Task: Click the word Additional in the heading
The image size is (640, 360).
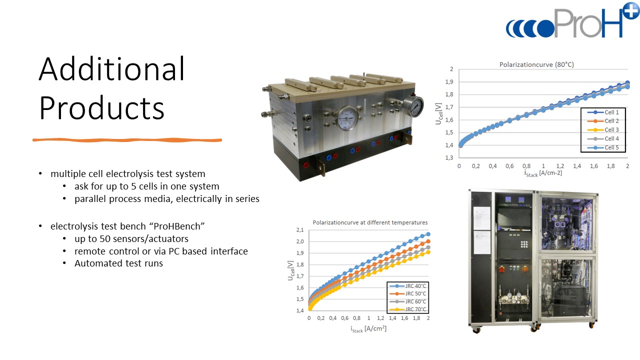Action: pyautogui.click(x=111, y=69)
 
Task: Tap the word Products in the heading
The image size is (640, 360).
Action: pyautogui.click(x=101, y=108)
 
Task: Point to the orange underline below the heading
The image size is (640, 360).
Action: pyautogui.click(x=127, y=140)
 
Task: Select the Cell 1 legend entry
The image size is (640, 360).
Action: pyautogui.click(x=603, y=112)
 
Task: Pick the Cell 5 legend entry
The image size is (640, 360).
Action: pyautogui.click(x=603, y=147)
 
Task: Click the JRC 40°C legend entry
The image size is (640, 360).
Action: pyautogui.click(x=407, y=285)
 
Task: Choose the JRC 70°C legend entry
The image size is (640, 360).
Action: pyautogui.click(x=407, y=309)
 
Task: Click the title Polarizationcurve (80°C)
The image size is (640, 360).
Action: pyautogui.click(x=536, y=64)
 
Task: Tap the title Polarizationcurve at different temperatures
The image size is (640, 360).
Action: pyautogui.click(x=370, y=222)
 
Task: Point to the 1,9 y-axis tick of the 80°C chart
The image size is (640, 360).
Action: pyautogui.click(x=449, y=82)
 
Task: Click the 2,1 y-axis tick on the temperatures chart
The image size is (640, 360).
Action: pyautogui.click(x=300, y=230)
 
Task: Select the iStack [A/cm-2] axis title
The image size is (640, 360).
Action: pyautogui.click(x=543, y=173)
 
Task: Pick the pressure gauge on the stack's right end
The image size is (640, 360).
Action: pyautogui.click(x=413, y=106)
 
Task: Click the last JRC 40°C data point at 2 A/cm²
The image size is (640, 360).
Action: pyautogui.click(x=428, y=234)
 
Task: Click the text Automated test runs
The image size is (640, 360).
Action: pyautogui.click(x=118, y=263)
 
